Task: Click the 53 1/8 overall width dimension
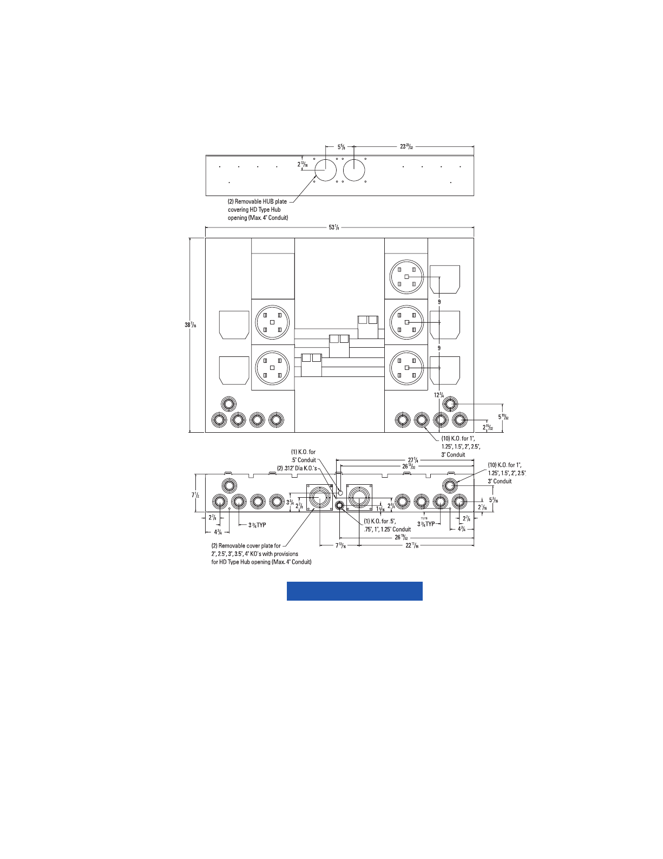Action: click(334, 227)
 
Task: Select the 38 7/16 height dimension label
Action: click(190, 325)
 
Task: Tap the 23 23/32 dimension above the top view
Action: click(406, 147)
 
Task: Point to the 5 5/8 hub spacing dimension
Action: click(342, 147)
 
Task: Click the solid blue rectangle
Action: click(355, 591)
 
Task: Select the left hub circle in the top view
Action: click(325, 170)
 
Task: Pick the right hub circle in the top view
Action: click(354, 170)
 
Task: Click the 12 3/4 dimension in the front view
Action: click(439, 395)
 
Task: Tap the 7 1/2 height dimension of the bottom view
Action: click(195, 494)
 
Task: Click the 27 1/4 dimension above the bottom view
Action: click(413, 460)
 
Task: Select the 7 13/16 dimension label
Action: click(340, 545)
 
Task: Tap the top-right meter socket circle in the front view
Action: click(406, 276)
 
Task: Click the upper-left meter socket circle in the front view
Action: click(272, 322)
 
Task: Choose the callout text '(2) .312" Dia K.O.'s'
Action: click(297, 468)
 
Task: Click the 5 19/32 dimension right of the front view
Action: click(503, 417)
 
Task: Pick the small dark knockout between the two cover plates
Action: click(339, 506)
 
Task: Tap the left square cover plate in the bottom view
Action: click(320, 497)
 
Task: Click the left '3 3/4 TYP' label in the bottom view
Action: click(258, 525)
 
